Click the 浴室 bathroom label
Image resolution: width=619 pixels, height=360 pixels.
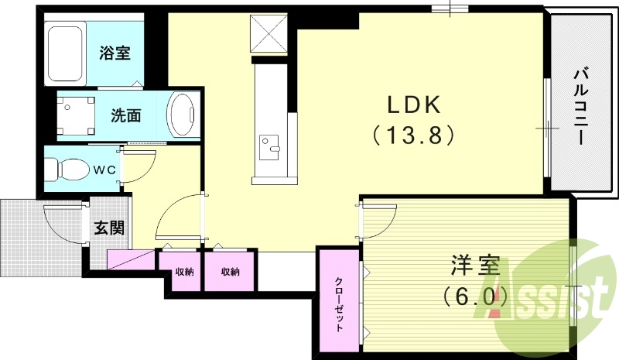[x=114, y=54]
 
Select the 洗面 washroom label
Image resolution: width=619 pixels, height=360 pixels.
[x=125, y=116]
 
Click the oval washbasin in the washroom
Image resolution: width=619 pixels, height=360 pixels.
[x=183, y=116]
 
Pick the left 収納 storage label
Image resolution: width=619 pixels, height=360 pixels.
[x=183, y=272]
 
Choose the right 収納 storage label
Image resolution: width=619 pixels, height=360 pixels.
[x=230, y=272]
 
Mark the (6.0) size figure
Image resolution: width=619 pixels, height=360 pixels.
[x=474, y=296]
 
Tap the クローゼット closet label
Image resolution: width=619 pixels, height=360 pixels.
[x=339, y=303]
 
